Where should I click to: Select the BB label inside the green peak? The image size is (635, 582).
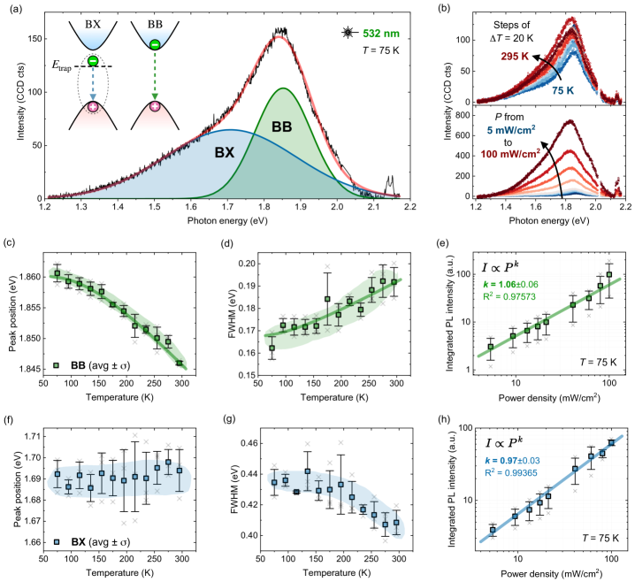pyautogui.click(x=282, y=126)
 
